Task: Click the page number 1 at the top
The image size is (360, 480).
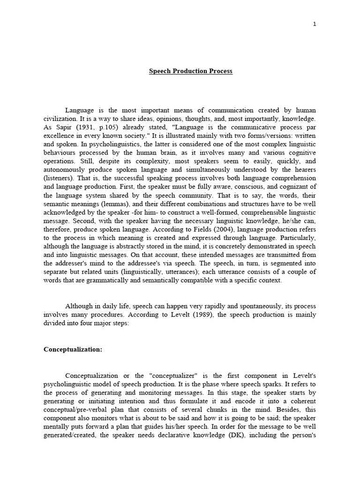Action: [315, 24]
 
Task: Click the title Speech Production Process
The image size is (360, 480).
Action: [191, 71]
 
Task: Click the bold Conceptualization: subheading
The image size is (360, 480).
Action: [73, 349]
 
